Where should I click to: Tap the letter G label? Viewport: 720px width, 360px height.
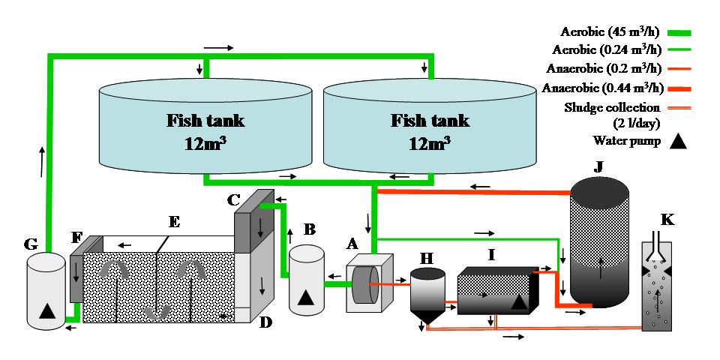coord(30,244)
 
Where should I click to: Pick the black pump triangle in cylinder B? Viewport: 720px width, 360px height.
coord(305,297)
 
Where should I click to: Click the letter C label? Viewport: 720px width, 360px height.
coord(234,200)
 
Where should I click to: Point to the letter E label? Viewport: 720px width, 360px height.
coord(174,222)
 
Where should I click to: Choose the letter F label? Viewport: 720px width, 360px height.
coord(76,239)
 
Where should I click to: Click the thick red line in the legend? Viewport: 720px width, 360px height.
coord(679,88)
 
